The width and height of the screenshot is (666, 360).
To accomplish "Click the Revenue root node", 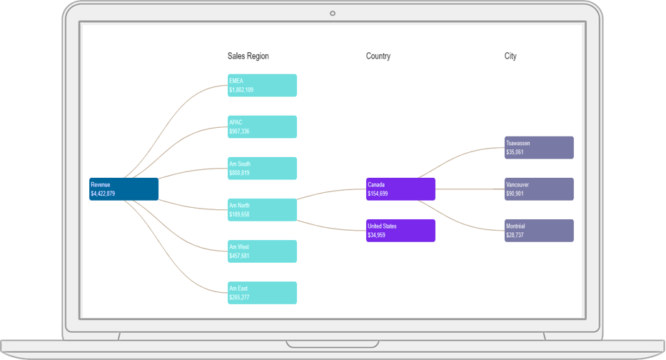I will click(x=123, y=189).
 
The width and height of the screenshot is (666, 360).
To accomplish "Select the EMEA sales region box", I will click(x=262, y=85).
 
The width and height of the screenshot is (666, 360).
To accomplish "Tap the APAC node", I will click(x=262, y=126).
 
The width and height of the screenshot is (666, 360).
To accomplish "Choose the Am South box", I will click(x=262, y=168).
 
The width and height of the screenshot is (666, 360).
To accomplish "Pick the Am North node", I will click(x=262, y=209).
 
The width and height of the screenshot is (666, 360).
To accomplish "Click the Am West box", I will click(x=262, y=251).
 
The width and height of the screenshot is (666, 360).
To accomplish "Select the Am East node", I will click(x=262, y=292).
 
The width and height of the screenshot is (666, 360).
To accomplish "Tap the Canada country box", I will click(x=400, y=189).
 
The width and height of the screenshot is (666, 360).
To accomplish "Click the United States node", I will click(x=400, y=230).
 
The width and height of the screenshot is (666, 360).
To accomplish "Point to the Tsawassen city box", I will click(x=539, y=147).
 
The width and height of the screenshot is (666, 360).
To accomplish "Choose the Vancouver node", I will click(x=539, y=189).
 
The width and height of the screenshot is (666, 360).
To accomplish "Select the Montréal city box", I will click(x=539, y=230).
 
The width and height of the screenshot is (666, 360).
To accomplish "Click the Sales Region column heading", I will click(x=248, y=56).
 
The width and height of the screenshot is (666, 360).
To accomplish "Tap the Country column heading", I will click(x=378, y=56).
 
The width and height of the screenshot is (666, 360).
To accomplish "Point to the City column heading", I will click(x=510, y=56).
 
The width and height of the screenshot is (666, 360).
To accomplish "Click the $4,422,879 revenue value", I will click(x=103, y=194).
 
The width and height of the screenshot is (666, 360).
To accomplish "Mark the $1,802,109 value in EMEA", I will click(x=241, y=90).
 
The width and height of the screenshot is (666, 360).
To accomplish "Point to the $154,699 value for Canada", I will click(x=378, y=194).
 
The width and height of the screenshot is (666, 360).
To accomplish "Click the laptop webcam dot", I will click(x=333, y=14).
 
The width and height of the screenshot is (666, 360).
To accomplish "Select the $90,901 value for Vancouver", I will click(x=515, y=194).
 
